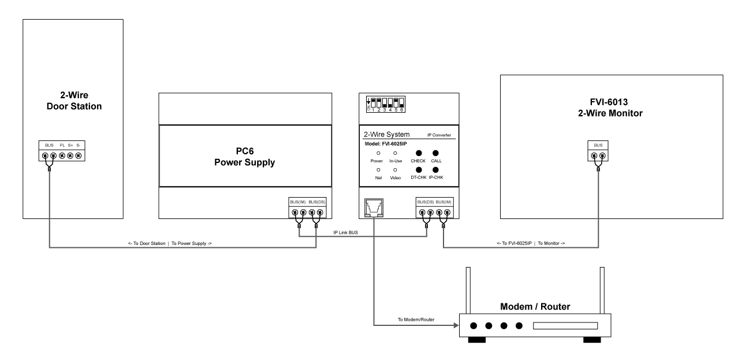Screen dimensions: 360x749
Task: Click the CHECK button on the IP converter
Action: pos(419,153)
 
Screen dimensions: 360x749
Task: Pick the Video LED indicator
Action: pos(395,170)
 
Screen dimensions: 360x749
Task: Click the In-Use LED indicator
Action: pos(395,153)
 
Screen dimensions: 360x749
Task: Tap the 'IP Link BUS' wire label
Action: pos(346,232)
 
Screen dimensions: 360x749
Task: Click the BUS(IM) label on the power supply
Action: pos(299,202)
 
